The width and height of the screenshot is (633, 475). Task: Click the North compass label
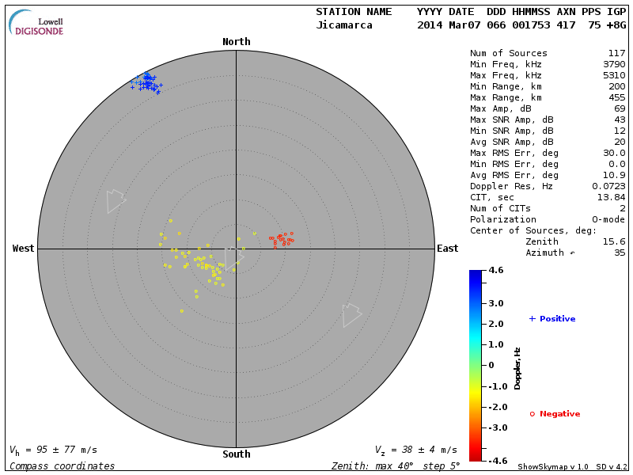[236, 42]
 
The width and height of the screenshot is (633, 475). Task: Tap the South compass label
[236, 454]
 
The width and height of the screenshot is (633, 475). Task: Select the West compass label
[23, 249]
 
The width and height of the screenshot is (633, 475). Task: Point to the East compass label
[447, 249]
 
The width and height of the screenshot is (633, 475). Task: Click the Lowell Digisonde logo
[37, 24]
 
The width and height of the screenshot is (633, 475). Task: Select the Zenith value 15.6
[614, 241]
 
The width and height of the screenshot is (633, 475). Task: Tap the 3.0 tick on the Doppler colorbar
[496, 303]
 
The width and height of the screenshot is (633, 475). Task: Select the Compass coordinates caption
[62, 466]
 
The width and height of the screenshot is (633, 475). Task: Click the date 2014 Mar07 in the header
[445, 25]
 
